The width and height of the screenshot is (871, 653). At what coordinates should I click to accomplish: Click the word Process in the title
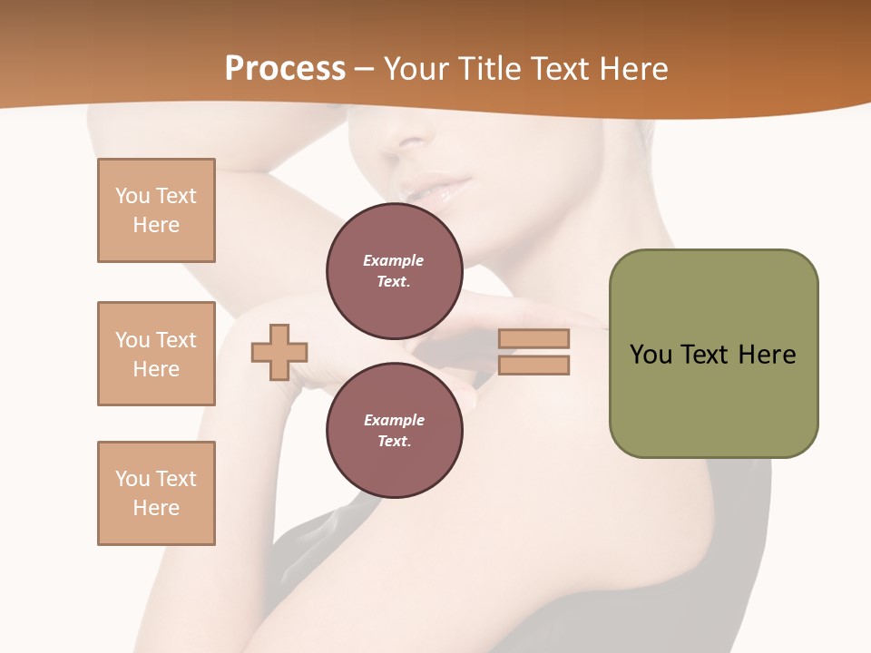285,69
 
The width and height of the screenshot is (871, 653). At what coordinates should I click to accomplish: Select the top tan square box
156,210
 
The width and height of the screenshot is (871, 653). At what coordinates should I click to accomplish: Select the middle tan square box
156,354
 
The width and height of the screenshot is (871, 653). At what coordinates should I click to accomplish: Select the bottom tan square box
156,493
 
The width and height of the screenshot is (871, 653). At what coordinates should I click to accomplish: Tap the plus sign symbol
279,351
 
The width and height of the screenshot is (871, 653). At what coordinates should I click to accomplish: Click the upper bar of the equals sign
534,338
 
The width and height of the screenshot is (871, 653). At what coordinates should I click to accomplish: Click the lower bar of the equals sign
534,365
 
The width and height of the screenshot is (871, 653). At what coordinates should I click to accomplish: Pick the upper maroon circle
394,271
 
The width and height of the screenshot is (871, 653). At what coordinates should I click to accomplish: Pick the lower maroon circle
394,431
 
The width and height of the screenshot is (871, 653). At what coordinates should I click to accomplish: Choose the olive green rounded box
713,354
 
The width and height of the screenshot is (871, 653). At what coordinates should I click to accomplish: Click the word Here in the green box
767,355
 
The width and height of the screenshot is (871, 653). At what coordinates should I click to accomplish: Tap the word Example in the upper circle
394,260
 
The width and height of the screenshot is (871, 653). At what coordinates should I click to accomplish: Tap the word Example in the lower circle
394,420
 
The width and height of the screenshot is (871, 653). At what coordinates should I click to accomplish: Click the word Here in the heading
633,69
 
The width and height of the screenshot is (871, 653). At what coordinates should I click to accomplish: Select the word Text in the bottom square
176,479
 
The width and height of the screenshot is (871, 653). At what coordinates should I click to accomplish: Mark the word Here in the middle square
156,369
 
